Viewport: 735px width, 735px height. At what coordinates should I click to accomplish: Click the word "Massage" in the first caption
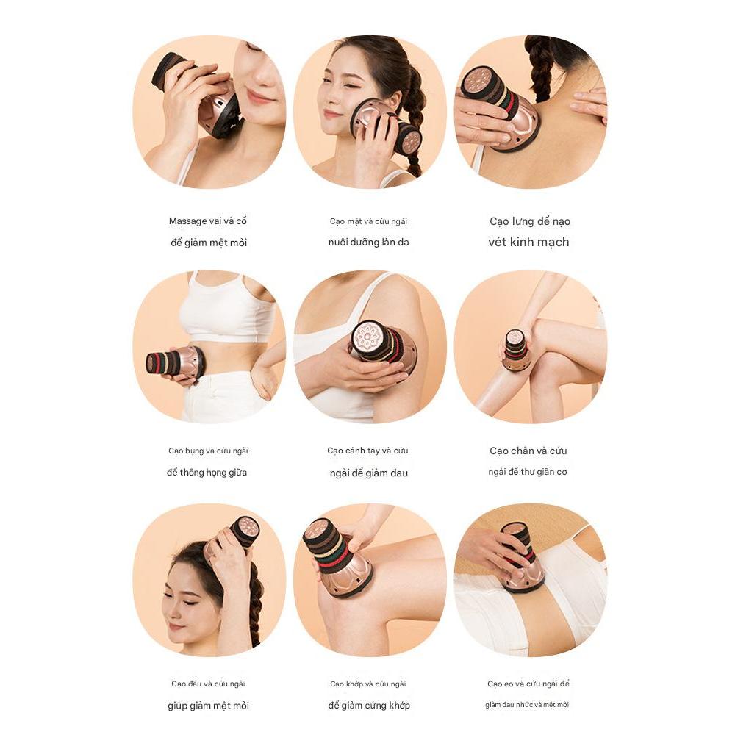pyautogui.click(x=188, y=220)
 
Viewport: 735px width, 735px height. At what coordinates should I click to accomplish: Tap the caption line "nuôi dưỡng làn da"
pyautogui.click(x=368, y=243)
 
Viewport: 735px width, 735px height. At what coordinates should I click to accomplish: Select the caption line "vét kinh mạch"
pyautogui.click(x=528, y=242)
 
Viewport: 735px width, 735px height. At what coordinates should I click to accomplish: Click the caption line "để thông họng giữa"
pyautogui.click(x=207, y=473)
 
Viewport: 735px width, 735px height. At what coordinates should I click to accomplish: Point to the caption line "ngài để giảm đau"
pyautogui.click(x=368, y=473)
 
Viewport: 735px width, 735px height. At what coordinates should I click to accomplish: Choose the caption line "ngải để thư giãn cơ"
pyautogui.click(x=528, y=472)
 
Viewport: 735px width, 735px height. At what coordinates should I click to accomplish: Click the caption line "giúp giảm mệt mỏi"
pyautogui.click(x=208, y=706)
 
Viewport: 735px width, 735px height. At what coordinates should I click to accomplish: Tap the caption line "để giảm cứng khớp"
pyautogui.click(x=369, y=705)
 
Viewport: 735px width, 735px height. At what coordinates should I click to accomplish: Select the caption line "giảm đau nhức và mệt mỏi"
pyautogui.click(x=527, y=705)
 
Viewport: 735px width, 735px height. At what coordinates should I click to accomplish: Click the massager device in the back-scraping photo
pyautogui.click(x=500, y=108)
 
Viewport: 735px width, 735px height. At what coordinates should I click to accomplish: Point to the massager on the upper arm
pyautogui.click(x=384, y=348)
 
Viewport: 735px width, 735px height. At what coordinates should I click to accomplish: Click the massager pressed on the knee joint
pyautogui.click(x=337, y=557)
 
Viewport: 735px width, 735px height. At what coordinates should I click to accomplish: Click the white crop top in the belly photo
pyautogui.click(x=228, y=307)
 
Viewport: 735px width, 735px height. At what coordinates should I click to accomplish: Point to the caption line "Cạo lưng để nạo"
pyautogui.click(x=530, y=220)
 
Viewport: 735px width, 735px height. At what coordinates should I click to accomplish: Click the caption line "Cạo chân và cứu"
pyautogui.click(x=528, y=451)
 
